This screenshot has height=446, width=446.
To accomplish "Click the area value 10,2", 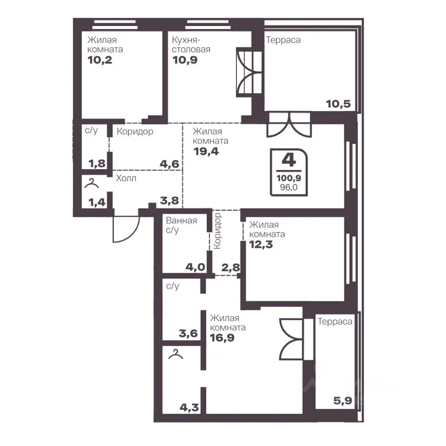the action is pos(100,60).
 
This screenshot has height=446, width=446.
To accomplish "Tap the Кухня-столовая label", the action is pos(191,45).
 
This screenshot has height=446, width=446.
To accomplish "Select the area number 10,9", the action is pos(185,60).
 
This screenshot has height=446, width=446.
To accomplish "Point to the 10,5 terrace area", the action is pos(338,104).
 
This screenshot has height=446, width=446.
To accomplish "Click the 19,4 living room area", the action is pos(206,151).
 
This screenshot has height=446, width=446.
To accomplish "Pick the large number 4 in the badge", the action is pos(289,160).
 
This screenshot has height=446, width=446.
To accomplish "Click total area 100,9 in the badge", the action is pos(289,178).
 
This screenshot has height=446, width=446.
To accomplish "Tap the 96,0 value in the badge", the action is pos(289,187).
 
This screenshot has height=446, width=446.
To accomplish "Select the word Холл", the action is pos(126,178).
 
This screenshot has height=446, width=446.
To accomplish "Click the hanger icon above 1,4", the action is pos(92,183).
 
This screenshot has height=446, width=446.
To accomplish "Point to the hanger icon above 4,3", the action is pos(176,354).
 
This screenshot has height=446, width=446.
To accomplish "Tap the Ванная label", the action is pos(182,220).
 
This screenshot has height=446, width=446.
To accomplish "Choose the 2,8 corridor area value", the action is pos(230,268).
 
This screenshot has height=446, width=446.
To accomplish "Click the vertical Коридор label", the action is pos(217,231).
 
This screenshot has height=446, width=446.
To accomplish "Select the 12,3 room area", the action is pos(261,244).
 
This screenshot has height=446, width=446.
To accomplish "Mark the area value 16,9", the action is pos(222,338).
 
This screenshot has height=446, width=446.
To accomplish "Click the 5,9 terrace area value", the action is pos(343,401).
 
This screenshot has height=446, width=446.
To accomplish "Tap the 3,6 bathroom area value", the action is pos(188,333).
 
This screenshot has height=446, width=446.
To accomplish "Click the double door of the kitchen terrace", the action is pos(249,72).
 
